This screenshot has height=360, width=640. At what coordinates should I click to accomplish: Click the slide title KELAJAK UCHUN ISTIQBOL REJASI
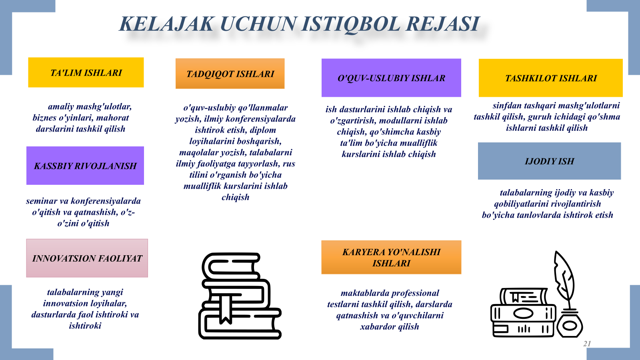coord(299,24)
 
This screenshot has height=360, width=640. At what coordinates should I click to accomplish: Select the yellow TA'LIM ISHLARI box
coord(86,72)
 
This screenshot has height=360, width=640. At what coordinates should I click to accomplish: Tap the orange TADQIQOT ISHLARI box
coord(230,74)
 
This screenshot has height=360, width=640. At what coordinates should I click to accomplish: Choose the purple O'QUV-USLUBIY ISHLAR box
coord(391,78)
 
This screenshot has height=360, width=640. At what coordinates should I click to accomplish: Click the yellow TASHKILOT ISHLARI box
coord(550,78)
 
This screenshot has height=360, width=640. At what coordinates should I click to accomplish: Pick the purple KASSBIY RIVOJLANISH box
coord(85,166)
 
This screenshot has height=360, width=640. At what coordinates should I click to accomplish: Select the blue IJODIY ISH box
coord(550,161)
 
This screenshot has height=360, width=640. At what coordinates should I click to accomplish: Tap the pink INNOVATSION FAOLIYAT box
coord(87,258)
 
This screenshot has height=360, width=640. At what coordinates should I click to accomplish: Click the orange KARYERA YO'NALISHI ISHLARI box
coord(391,258)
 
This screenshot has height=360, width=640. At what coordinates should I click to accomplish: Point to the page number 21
coord(587,344)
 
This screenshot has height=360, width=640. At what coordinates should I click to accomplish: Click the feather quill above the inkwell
coord(564,278)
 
